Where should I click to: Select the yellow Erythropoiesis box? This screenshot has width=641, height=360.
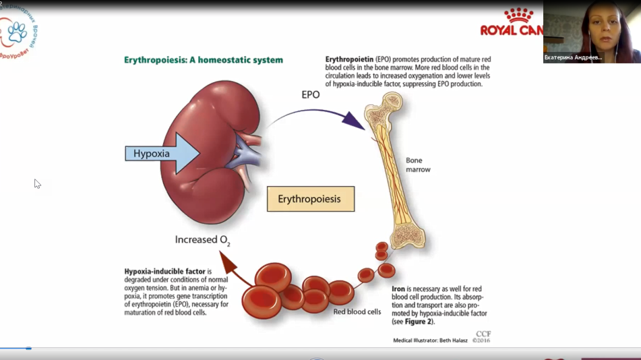coord(310,200)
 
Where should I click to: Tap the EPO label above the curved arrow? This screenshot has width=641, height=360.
coord(310,95)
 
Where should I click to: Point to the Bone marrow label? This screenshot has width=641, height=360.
coord(418,165)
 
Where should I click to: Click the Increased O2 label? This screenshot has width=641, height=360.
coord(202,239)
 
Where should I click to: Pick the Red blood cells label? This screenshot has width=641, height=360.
coord(357,311)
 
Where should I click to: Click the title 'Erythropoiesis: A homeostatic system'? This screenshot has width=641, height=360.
coord(204,60)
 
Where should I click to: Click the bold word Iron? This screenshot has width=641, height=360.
coord(398,289)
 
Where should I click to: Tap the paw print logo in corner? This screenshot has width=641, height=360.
coord(17,31)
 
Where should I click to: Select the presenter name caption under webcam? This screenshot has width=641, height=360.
coord(573,58)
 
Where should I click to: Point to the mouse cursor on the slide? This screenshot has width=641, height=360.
coord(37,183)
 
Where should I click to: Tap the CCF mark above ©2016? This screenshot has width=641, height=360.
coord(483,333)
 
